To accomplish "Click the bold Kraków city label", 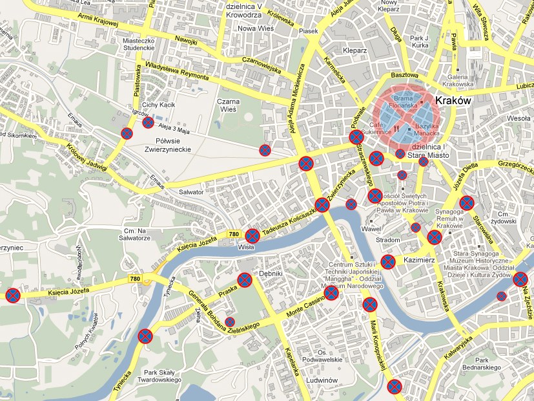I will pyautogui.click(x=459, y=102).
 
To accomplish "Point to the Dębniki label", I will pyautogui.click(x=272, y=274).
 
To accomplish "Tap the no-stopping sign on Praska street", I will pyautogui.click(x=245, y=280).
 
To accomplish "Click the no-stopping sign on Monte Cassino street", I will pyautogui.click(x=331, y=293).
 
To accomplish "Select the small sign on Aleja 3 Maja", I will pyautogui.click(x=148, y=122).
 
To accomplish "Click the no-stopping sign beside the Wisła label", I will pyautogui.click(x=252, y=235).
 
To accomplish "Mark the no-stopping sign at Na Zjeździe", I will pyautogui.click(x=520, y=279).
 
